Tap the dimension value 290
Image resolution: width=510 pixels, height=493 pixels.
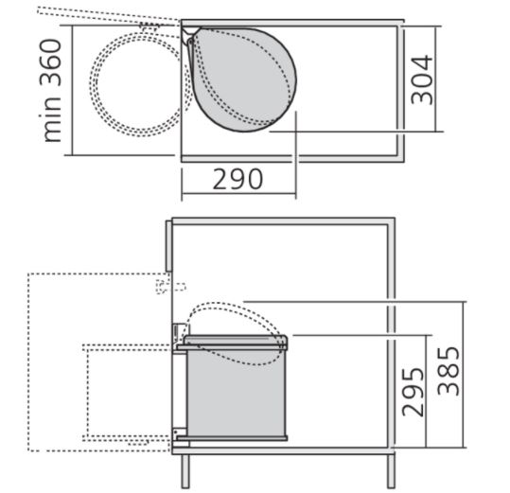coord(237,179)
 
